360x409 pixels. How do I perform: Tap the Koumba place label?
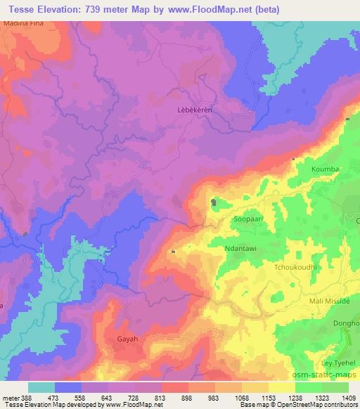(325, 169)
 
